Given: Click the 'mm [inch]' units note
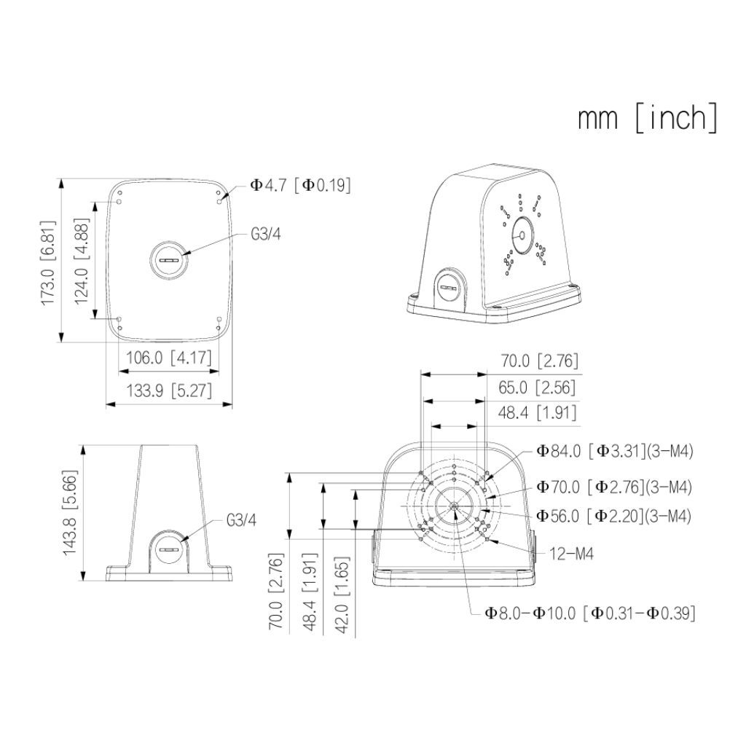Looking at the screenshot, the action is point(648,118).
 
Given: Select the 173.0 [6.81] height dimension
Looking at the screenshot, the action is point(49,262).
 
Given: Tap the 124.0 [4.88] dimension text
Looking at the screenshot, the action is point(82,260).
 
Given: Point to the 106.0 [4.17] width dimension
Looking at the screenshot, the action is point(169,357).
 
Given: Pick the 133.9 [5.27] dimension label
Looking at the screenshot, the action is point(169,390).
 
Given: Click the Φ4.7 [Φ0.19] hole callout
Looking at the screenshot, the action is point(301,185).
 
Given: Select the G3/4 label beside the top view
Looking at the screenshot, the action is point(266,235).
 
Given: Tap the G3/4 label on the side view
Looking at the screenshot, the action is point(241,520).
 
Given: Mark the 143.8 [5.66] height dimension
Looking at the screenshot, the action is point(70,512).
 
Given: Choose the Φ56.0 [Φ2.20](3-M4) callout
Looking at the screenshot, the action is point(613,517).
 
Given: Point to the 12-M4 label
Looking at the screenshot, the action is point(571,554).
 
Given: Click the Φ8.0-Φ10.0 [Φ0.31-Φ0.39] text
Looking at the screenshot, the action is point(590,613).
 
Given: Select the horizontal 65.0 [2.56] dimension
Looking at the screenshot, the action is point(537,388).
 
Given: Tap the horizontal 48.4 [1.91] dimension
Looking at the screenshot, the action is point(537,413).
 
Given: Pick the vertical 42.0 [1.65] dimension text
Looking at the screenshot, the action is point(342,595).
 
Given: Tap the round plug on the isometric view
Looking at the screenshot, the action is point(449,286).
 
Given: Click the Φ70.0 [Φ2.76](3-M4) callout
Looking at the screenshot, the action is point(614,487).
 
